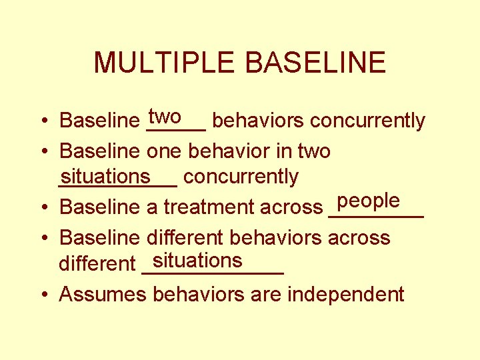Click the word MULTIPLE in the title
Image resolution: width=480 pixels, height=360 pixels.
(x=165, y=63)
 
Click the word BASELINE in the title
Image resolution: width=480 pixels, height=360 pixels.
(x=316, y=63)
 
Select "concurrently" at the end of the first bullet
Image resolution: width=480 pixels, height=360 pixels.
(x=367, y=121)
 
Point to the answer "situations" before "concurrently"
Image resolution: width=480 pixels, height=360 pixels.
(x=105, y=176)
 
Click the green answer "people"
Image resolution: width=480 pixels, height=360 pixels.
(x=369, y=201)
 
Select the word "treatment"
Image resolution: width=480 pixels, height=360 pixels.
(x=209, y=207)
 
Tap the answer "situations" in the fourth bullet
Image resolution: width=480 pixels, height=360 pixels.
(x=197, y=259)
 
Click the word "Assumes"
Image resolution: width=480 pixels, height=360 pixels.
(x=103, y=294)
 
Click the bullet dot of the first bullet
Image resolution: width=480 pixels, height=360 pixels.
(x=42, y=122)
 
